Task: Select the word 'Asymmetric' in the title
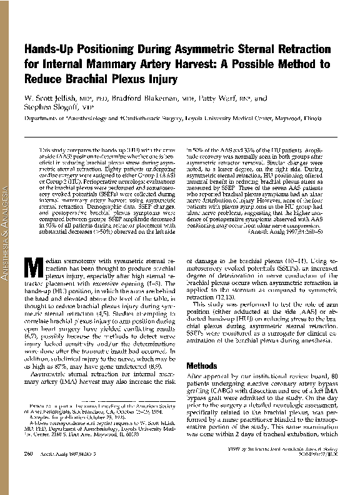tap(196, 49)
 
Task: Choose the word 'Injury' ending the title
tap(161, 79)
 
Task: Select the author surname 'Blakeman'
tap(156, 98)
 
